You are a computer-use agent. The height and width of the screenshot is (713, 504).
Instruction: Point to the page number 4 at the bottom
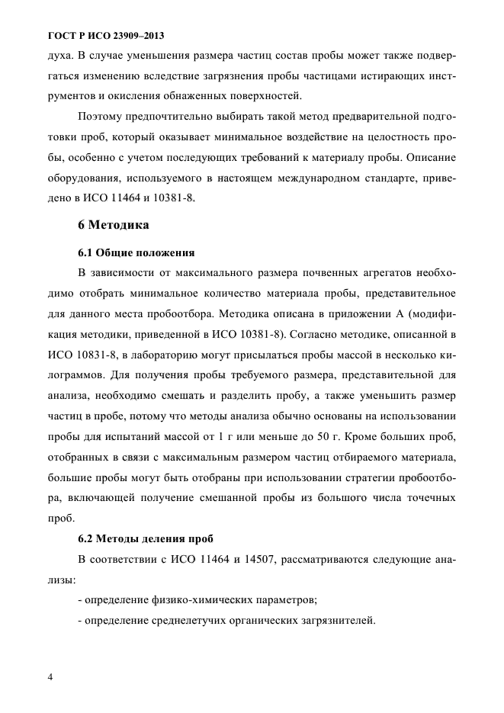click(x=50, y=676)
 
